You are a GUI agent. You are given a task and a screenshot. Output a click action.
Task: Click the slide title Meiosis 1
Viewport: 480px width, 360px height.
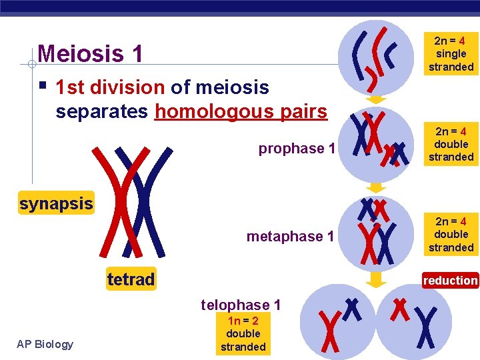(90, 53)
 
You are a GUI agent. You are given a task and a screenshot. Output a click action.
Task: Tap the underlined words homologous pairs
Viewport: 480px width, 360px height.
(241, 111)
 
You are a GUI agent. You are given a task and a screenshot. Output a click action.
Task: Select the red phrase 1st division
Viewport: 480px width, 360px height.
(109, 87)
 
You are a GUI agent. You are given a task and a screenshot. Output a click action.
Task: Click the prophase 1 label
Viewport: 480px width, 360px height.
(297, 148)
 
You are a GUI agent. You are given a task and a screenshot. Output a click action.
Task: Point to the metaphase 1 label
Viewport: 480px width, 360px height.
(290, 236)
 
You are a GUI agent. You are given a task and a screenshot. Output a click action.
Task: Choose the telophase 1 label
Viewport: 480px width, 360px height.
(241, 305)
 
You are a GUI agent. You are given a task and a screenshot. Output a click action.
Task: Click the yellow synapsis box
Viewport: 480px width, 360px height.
(56, 203)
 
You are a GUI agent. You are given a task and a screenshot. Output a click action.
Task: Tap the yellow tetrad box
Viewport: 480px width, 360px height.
(131, 279)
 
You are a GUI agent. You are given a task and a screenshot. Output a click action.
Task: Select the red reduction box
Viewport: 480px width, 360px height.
(451, 281)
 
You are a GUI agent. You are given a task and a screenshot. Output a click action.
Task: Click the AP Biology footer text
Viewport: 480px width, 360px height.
(45, 344)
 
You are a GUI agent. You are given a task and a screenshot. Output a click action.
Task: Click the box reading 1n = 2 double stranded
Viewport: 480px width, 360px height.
(243, 333)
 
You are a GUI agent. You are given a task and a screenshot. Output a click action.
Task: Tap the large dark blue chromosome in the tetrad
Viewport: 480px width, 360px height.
(145, 197)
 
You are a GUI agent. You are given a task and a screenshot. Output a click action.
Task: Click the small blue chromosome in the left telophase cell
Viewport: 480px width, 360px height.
(351, 309)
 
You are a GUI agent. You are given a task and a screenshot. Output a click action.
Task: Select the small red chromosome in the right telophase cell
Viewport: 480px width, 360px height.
(400, 309)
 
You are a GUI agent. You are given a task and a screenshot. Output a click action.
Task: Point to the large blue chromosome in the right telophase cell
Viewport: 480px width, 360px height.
(427, 327)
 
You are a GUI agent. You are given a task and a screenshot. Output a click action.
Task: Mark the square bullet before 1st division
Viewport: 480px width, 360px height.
(43, 86)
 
